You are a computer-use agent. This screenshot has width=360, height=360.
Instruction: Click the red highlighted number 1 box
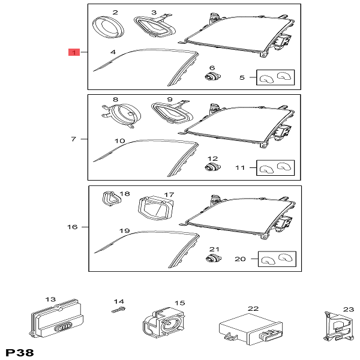click(73, 53)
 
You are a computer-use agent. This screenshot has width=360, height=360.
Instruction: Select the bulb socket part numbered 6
click(211, 76)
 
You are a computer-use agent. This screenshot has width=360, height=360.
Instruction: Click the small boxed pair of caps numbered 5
click(275, 77)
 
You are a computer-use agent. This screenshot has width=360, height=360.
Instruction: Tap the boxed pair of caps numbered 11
click(275, 168)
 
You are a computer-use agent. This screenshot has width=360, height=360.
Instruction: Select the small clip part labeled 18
click(109, 199)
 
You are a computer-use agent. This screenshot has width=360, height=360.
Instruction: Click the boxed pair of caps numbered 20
click(277, 260)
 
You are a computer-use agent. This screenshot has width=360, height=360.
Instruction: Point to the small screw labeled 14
click(118, 310)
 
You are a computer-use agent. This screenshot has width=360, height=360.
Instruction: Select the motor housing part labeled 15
click(163, 323)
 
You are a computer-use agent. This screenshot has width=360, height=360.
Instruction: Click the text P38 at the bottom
click(19, 352)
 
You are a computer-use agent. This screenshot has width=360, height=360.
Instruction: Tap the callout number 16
click(73, 227)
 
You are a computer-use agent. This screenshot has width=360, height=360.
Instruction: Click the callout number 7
click(73, 139)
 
